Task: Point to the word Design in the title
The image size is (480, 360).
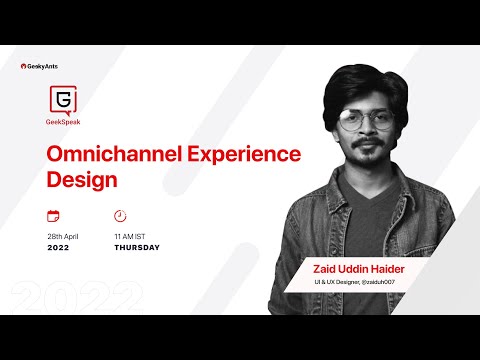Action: (x=83, y=181)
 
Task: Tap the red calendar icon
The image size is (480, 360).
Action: (x=53, y=216)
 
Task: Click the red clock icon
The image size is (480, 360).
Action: (x=120, y=216)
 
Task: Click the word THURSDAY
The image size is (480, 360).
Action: (x=137, y=248)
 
